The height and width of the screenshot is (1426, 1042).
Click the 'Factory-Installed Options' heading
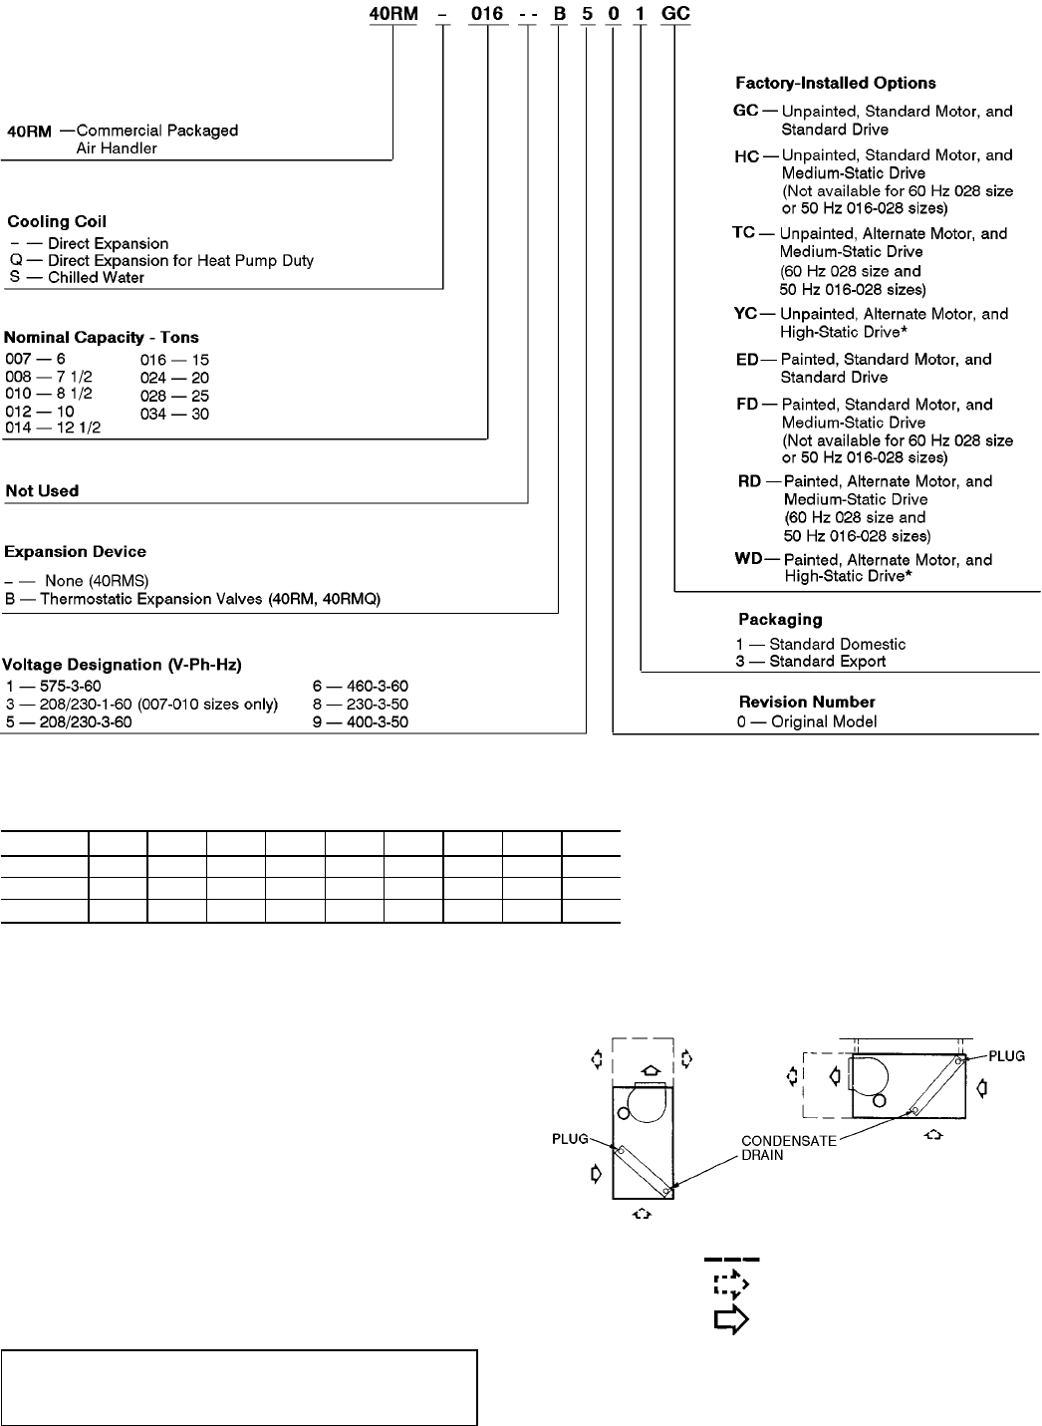click(x=835, y=84)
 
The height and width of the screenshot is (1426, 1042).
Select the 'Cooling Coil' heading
click(x=57, y=221)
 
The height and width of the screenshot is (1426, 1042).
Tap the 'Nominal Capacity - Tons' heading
click(x=102, y=338)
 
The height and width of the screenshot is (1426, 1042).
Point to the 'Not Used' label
click(x=42, y=491)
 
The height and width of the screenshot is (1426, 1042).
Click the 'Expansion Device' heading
click(x=75, y=552)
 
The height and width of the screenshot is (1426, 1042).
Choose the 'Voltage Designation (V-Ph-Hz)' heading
click(x=123, y=665)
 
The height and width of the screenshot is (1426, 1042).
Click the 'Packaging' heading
click(x=780, y=620)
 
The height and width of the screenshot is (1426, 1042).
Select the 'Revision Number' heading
click(x=806, y=702)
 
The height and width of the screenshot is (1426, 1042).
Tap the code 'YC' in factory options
click(x=746, y=314)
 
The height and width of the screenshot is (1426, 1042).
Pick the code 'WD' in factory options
click(x=748, y=559)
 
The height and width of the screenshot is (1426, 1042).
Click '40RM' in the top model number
click(x=392, y=15)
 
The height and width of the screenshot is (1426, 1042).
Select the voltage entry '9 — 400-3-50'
click(x=360, y=722)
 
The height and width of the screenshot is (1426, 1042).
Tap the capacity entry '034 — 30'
click(x=174, y=414)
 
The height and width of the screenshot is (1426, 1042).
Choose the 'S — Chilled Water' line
click(x=76, y=278)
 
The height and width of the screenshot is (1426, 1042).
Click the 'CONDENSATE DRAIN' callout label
click(x=788, y=1149)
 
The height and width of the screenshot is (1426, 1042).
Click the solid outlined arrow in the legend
click(x=731, y=1320)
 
